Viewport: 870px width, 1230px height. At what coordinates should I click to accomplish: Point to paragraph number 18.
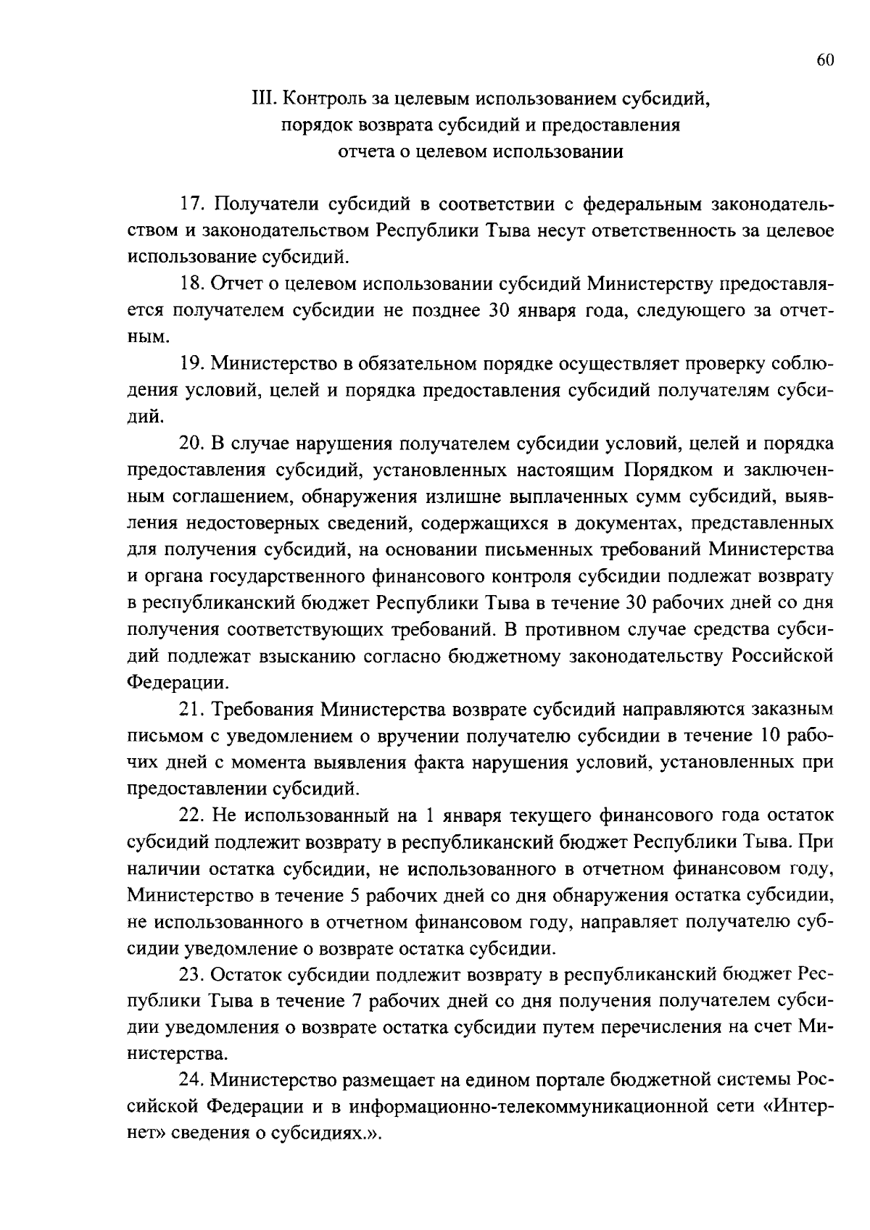click(x=191, y=284)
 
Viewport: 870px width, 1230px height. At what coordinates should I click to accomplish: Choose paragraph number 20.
click(x=193, y=443)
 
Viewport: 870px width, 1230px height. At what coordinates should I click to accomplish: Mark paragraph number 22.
click(x=193, y=815)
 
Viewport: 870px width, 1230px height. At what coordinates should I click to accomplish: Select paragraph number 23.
click(x=193, y=974)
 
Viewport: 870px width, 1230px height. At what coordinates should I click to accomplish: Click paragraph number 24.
click(x=193, y=1080)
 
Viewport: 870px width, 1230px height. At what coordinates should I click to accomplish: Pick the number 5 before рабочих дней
click(x=355, y=894)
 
